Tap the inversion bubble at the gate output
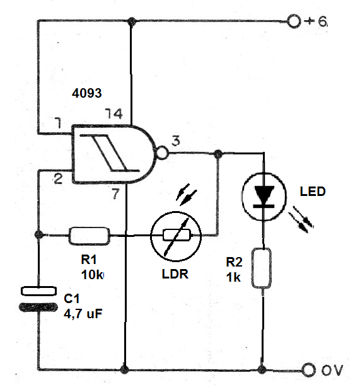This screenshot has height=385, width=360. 163,152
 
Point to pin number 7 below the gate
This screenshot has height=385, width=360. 115,194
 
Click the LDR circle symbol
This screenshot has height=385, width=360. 176,236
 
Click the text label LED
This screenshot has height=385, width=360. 312,191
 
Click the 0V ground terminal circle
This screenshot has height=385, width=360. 309,369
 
